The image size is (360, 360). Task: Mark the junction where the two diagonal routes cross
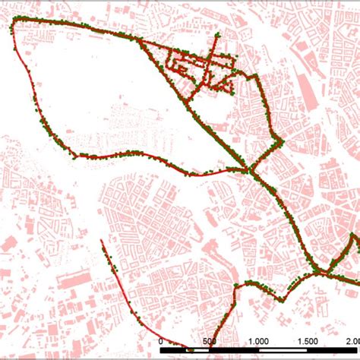pyautogui.click(x=250, y=171)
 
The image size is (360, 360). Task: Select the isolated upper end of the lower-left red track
pyautogui.click(x=102, y=243)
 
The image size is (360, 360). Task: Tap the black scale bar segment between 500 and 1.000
pyautogui.click(x=235, y=352)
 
